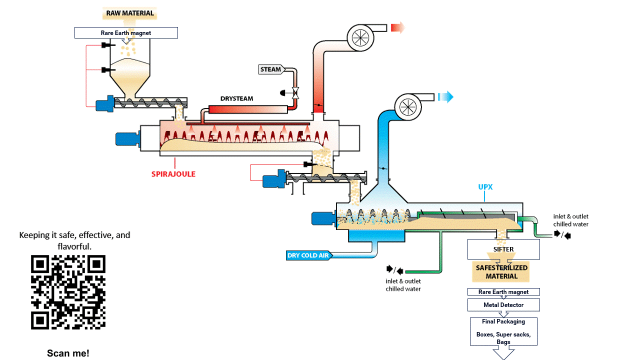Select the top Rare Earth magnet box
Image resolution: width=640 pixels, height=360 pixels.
tap(126, 33)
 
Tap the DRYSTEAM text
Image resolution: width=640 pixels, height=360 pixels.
tap(237, 98)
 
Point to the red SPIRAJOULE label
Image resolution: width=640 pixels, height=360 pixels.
tap(173, 174)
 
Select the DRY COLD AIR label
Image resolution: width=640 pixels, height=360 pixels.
tap(308, 255)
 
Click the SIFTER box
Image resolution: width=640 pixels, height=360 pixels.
tap(503, 249)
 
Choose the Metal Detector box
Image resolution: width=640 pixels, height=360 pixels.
tap(503, 305)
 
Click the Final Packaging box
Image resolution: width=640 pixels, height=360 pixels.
tap(503, 331)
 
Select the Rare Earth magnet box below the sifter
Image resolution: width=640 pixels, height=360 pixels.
tap(503, 292)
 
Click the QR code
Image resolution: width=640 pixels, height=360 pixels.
tap(68, 292)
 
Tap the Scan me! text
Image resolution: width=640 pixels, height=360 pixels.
tap(68, 353)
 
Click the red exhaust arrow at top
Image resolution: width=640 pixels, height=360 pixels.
tap(397, 27)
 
